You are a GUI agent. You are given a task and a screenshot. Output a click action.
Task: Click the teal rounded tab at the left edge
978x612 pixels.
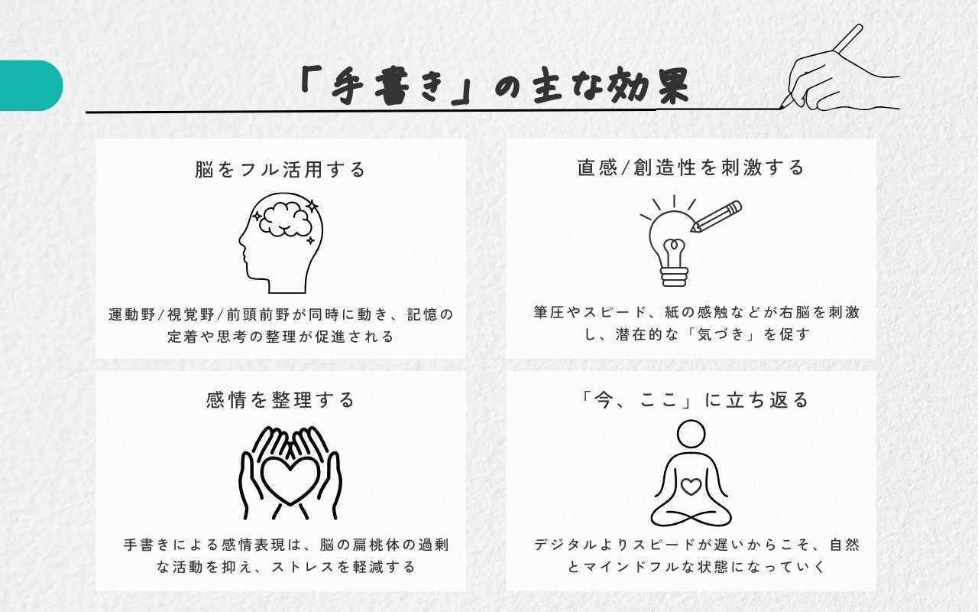tap(31, 85)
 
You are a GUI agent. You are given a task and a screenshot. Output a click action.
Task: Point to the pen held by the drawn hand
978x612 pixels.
tap(821, 66)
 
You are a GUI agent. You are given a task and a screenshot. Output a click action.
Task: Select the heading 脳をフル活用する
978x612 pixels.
tap(280, 170)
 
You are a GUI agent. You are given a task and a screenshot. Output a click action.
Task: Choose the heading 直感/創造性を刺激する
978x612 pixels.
tap(691, 168)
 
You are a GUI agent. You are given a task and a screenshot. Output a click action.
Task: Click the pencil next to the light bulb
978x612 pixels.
tap(716, 216)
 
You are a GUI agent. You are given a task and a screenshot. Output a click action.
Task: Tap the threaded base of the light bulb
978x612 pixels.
tap(675, 276)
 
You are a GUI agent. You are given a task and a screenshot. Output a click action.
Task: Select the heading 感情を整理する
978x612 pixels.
tap(280, 400)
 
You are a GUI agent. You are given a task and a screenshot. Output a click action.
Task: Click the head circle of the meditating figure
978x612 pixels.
tap(691, 434)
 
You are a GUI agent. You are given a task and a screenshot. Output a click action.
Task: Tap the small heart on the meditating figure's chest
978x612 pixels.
tap(691, 487)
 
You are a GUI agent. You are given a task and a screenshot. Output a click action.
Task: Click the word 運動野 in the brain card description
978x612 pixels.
tap(132, 314)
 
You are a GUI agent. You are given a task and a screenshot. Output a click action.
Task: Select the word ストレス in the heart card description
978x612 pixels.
tap(304, 567)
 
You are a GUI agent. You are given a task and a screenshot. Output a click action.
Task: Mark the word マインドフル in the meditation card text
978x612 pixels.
tap(637, 567)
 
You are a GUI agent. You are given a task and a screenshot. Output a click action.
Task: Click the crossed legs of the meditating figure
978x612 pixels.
tap(691, 518)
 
